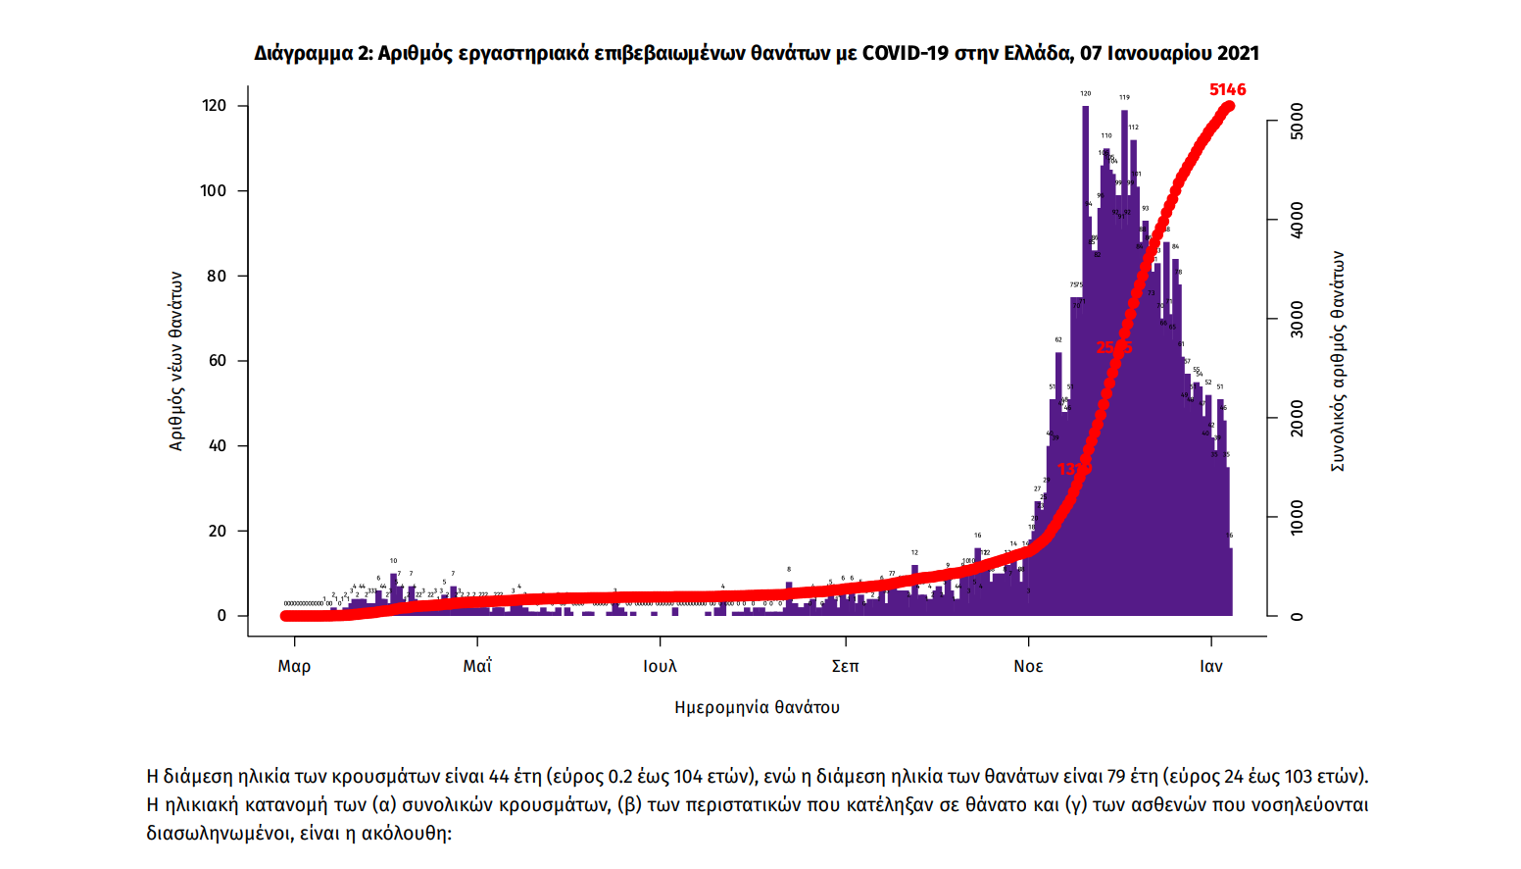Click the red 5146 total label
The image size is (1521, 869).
click(x=1227, y=89)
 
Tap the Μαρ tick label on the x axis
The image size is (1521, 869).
click(x=294, y=666)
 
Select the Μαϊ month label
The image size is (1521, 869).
click(x=477, y=666)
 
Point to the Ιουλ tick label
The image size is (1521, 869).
click(x=660, y=666)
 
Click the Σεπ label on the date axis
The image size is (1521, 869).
click(x=845, y=666)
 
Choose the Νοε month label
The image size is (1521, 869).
click(x=1028, y=666)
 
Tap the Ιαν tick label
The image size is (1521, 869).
click(x=1211, y=666)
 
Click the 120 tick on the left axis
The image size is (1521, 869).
click(x=215, y=106)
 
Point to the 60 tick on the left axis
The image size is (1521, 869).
click(x=218, y=361)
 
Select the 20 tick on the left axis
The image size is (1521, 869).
click(x=218, y=531)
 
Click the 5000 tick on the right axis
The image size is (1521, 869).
click(x=1297, y=121)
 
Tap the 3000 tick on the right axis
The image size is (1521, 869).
click(x=1297, y=320)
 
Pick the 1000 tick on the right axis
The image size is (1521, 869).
click(x=1297, y=518)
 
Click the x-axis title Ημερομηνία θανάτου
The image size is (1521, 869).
click(x=757, y=707)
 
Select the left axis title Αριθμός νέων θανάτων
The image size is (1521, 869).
click(x=176, y=361)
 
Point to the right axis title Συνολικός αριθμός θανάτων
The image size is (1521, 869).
click(x=1338, y=361)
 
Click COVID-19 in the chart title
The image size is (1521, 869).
click(x=905, y=53)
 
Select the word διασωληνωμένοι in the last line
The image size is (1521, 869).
click(x=217, y=834)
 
